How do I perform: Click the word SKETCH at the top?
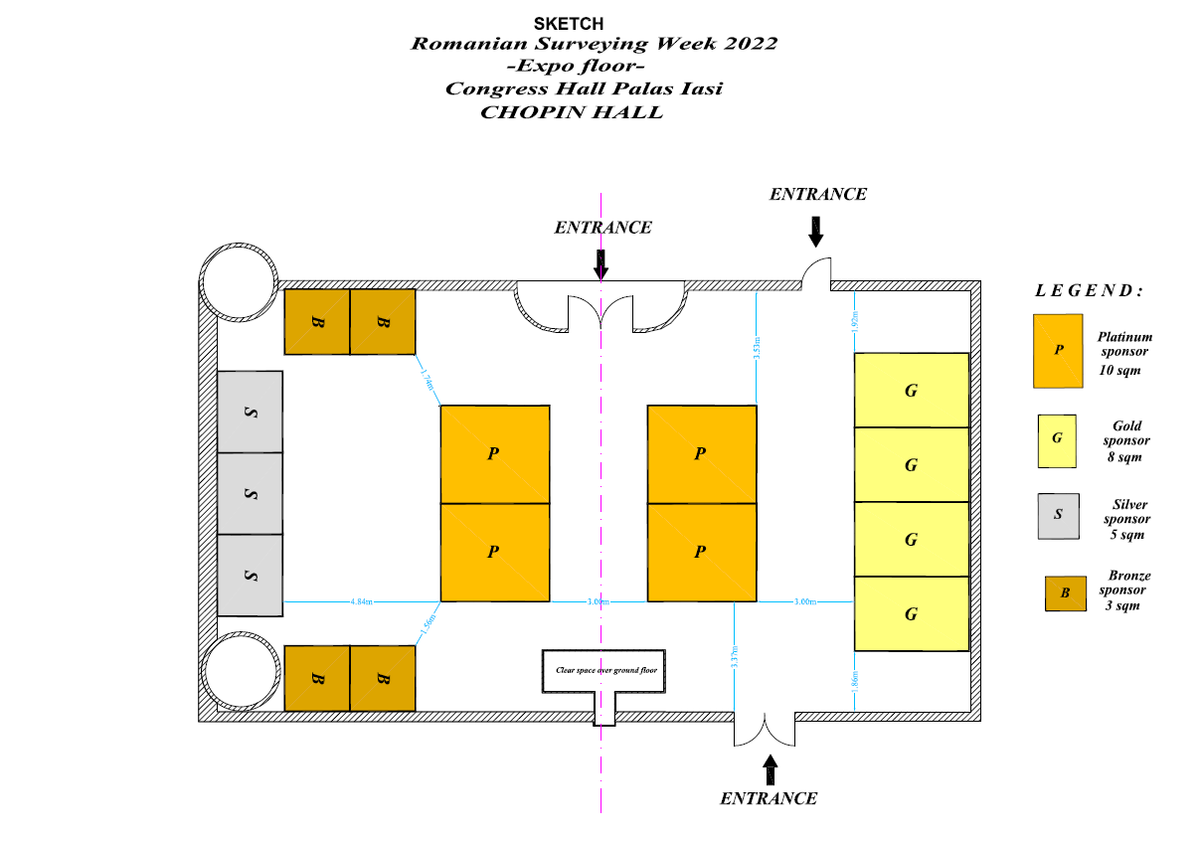[568, 23]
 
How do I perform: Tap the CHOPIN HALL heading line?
[571, 112]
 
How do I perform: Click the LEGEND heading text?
[1089, 291]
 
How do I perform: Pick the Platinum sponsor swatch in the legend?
[1059, 351]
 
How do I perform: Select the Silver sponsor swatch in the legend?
[1058, 516]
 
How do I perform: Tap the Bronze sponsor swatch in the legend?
[1065, 593]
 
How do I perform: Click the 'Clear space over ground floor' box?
[605, 671]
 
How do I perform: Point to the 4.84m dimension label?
[361, 602]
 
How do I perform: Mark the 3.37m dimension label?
[733, 658]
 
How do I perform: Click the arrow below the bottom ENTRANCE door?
[769, 768]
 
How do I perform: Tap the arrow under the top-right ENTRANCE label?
[816, 231]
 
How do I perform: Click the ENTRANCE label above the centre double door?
[602, 228]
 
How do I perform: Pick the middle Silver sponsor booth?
[251, 494]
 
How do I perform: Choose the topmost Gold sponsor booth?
[912, 391]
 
